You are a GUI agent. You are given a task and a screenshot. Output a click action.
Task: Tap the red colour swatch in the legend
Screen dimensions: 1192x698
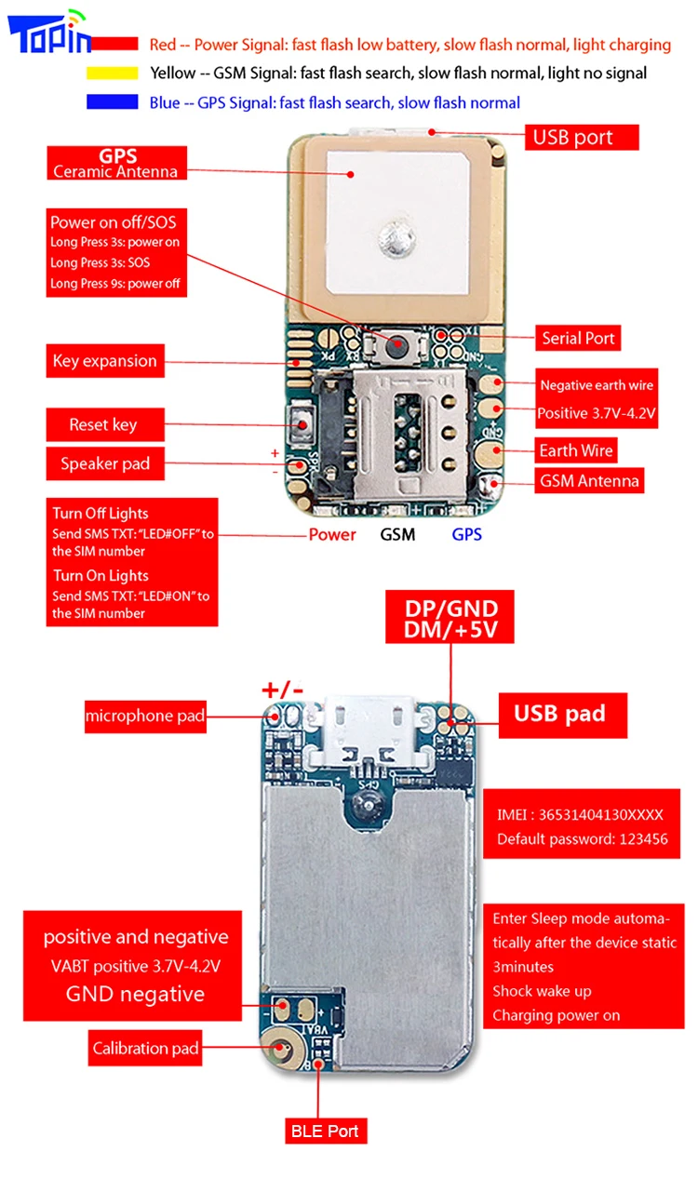113,45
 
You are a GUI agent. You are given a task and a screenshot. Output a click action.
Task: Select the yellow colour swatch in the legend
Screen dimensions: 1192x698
113,74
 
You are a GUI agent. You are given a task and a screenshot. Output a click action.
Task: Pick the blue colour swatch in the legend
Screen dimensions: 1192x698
113,102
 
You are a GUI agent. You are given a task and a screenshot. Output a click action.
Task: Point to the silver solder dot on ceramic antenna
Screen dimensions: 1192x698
392,238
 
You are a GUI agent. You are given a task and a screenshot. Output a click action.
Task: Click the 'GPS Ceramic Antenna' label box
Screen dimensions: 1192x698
116,164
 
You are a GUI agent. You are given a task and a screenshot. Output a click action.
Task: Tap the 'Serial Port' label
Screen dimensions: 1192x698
578,338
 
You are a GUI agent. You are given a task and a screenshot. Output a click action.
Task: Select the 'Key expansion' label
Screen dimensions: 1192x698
105,361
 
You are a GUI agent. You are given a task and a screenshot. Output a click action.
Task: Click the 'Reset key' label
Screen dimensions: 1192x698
104,425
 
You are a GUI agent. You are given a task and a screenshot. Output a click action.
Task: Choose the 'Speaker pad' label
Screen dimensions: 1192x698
105,463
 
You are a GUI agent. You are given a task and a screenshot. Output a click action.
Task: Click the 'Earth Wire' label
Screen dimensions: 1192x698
576,451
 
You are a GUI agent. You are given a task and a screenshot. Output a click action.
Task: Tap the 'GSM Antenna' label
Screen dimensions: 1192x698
589,481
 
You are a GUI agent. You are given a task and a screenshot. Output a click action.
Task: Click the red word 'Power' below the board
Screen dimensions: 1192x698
332,534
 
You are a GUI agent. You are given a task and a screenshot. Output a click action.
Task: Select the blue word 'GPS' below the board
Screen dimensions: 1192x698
467,534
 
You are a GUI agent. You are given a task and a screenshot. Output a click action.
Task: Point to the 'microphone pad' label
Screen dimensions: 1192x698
144,716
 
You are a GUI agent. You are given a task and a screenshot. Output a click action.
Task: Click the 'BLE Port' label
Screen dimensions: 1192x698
325,1132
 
